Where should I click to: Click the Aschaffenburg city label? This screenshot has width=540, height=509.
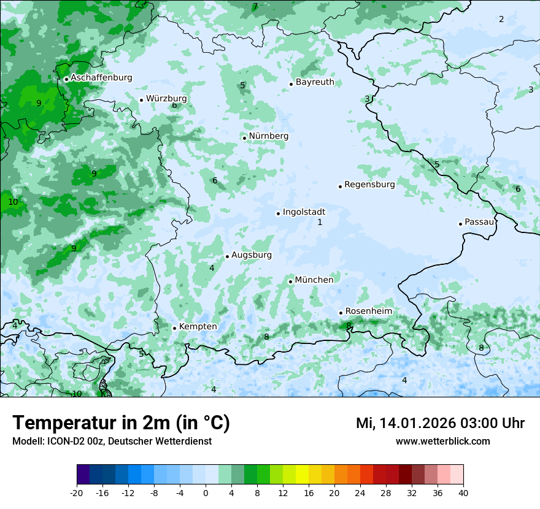(x=101, y=78)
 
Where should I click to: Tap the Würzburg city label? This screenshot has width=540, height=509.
(x=166, y=99)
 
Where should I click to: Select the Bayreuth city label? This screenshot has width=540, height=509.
(x=315, y=82)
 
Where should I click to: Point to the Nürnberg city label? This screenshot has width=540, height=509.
(x=268, y=136)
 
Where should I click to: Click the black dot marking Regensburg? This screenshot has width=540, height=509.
(x=340, y=186)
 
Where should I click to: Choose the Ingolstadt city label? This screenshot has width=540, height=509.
(x=304, y=212)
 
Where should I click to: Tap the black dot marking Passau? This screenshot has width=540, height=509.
(x=460, y=224)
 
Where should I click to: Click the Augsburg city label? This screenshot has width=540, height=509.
(x=251, y=255)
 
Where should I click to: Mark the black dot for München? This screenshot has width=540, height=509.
(x=290, y=281)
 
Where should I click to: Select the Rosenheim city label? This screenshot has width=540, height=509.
(x=368, y=312)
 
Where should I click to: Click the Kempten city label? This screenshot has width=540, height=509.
(x=198, y=327)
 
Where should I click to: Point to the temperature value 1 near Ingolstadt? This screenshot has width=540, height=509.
(x=320, y=223)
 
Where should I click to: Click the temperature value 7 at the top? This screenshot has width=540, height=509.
(x=255, y=7)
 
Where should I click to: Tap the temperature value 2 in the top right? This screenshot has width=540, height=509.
(x=501, y=20)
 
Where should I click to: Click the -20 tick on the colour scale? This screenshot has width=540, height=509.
(x=77, y=492)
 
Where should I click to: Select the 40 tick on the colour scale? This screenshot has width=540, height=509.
(x=463, y=492)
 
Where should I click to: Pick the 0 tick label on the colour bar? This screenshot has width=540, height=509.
(x=206, y=492)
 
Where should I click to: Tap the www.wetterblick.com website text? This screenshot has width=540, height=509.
(x=442, y=441)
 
